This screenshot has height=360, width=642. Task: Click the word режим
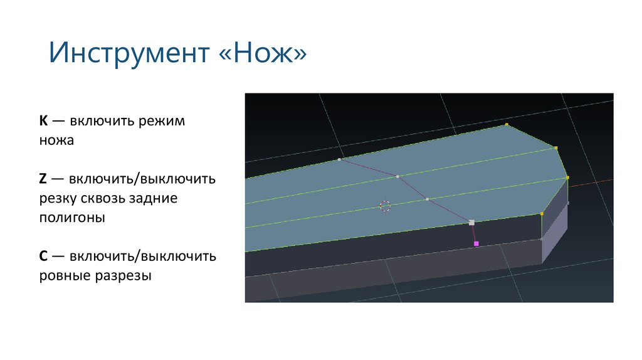(165, 121)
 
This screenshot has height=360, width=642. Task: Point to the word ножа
(56, 140)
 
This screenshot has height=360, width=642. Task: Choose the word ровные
(65, 275)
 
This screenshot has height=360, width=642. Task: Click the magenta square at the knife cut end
(476, 243)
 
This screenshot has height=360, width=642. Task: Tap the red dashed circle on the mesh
(385, 206)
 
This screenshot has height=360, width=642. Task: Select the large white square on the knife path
(471, 222)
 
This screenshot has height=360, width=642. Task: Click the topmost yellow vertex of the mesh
(507, 125)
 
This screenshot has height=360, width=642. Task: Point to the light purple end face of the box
(554, 229)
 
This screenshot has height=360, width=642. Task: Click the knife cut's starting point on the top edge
(339, 159)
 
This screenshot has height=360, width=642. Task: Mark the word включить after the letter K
(101, 121)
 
